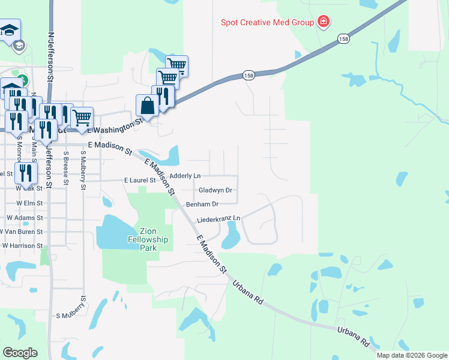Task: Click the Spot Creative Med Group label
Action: (268, 23)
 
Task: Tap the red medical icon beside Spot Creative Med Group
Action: (324, 23)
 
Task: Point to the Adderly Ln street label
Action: (185, 176)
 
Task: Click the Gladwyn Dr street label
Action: (215, 190)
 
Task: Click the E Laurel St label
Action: (139, 180)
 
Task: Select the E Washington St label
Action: (115, 127)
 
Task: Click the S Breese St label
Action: (66, 169)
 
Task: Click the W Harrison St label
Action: (22, 245)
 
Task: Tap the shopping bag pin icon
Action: (148, 107)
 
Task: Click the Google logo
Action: (20, 353)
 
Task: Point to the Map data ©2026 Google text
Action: (411, 355)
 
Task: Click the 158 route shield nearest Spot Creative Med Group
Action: (343, 39)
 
